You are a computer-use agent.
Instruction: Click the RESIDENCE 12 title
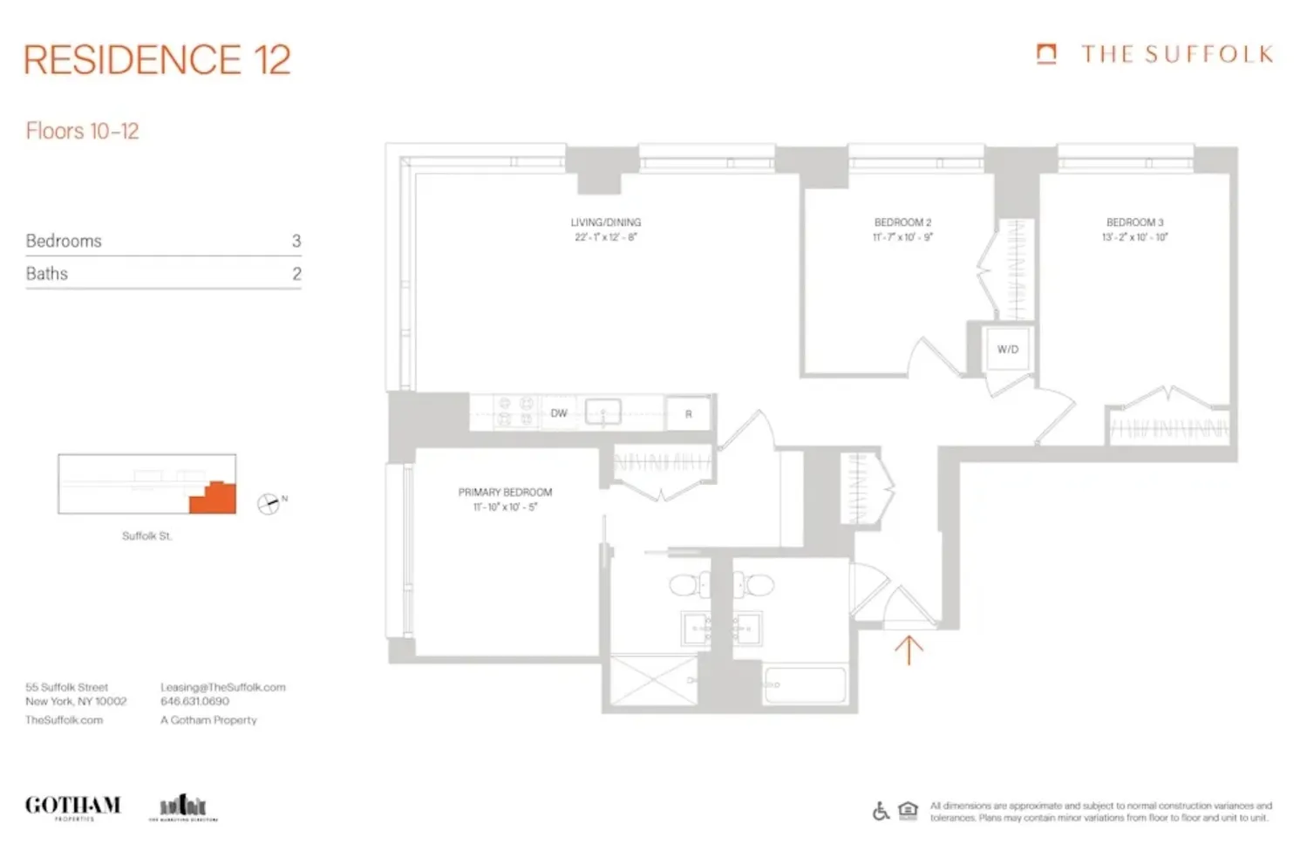(157, 59)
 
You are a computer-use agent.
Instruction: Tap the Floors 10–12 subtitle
(82, 132)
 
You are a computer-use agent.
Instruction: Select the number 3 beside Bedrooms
(296, 241)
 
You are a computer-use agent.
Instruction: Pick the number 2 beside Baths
(296, 274)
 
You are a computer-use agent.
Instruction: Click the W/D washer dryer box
(1007, 349)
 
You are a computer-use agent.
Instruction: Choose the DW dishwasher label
(559, 413)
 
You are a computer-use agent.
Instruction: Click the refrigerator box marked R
(688, 414)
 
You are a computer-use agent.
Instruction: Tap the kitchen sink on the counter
(602, 412)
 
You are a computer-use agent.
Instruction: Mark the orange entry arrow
(909, 650)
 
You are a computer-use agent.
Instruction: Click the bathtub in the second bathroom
(804, 684)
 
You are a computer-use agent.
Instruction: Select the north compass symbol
(269, 504)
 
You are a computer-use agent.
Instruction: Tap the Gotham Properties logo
(72, 807)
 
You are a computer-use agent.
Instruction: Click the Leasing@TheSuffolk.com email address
(222, 687)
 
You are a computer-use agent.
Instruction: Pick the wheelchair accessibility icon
(881, 811)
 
